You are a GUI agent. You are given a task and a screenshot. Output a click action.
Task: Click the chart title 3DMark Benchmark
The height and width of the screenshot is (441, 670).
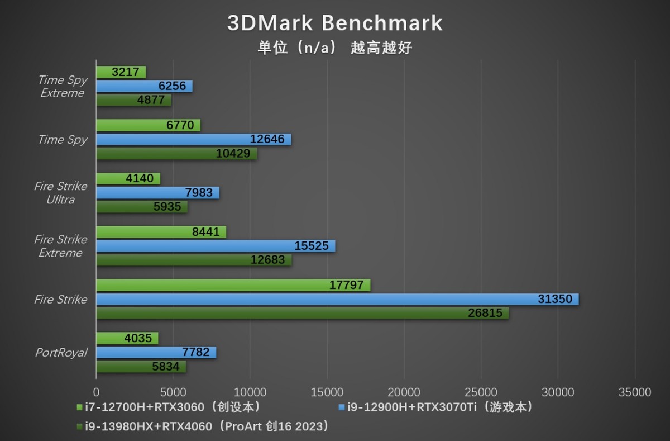(334, 23)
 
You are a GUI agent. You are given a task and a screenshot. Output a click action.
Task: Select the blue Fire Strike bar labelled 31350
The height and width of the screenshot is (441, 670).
(337, 299)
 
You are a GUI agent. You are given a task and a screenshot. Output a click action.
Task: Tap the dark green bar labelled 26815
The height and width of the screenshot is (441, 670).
(302, 314)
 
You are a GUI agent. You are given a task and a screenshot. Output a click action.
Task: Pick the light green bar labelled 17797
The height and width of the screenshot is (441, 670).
(233, 285)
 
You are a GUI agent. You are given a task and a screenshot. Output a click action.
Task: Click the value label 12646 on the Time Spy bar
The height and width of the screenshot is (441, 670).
(268, 139)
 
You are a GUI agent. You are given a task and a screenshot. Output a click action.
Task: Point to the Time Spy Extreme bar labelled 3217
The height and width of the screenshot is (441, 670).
(121, 72)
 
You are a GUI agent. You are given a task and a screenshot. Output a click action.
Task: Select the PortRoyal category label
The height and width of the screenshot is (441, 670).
(61, 353)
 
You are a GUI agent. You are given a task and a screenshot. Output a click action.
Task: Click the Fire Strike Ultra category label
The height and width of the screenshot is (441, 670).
(60, 193)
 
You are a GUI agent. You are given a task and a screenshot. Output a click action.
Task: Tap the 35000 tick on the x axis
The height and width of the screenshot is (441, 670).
(635, 392)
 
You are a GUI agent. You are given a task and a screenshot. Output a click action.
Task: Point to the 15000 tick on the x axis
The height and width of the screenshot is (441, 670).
(327, 392)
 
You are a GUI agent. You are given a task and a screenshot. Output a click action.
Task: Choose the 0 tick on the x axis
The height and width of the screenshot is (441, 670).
(96, 392)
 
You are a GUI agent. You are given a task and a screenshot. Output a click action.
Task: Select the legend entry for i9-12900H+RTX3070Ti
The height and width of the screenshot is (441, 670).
(435, 407)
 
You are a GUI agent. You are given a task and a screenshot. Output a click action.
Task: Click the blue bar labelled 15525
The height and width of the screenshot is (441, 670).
(216, 246)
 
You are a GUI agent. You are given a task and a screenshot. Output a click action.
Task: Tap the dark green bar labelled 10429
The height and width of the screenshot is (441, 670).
(176, 154)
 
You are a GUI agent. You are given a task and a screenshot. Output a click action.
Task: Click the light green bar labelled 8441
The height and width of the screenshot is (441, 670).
(161, 232)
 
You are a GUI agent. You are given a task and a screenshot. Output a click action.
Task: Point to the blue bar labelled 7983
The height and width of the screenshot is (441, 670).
(157, 193)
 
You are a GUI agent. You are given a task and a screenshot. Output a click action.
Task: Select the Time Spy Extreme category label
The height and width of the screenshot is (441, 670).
(62, 87)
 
